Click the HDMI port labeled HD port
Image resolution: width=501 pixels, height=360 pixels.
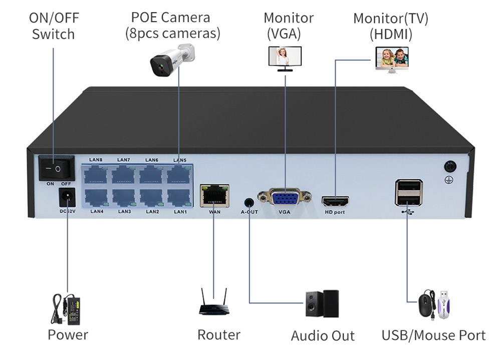335,202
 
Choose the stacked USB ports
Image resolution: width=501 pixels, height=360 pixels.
408,192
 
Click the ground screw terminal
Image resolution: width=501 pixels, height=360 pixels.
449,167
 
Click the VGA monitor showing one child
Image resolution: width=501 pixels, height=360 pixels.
285,57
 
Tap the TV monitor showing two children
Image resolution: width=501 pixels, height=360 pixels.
392,58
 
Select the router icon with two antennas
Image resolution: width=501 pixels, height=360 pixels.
213,302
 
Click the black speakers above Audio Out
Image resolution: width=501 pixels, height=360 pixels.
323,303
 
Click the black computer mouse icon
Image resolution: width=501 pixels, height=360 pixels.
426,305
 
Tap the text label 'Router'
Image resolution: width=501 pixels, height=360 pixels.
218,334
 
